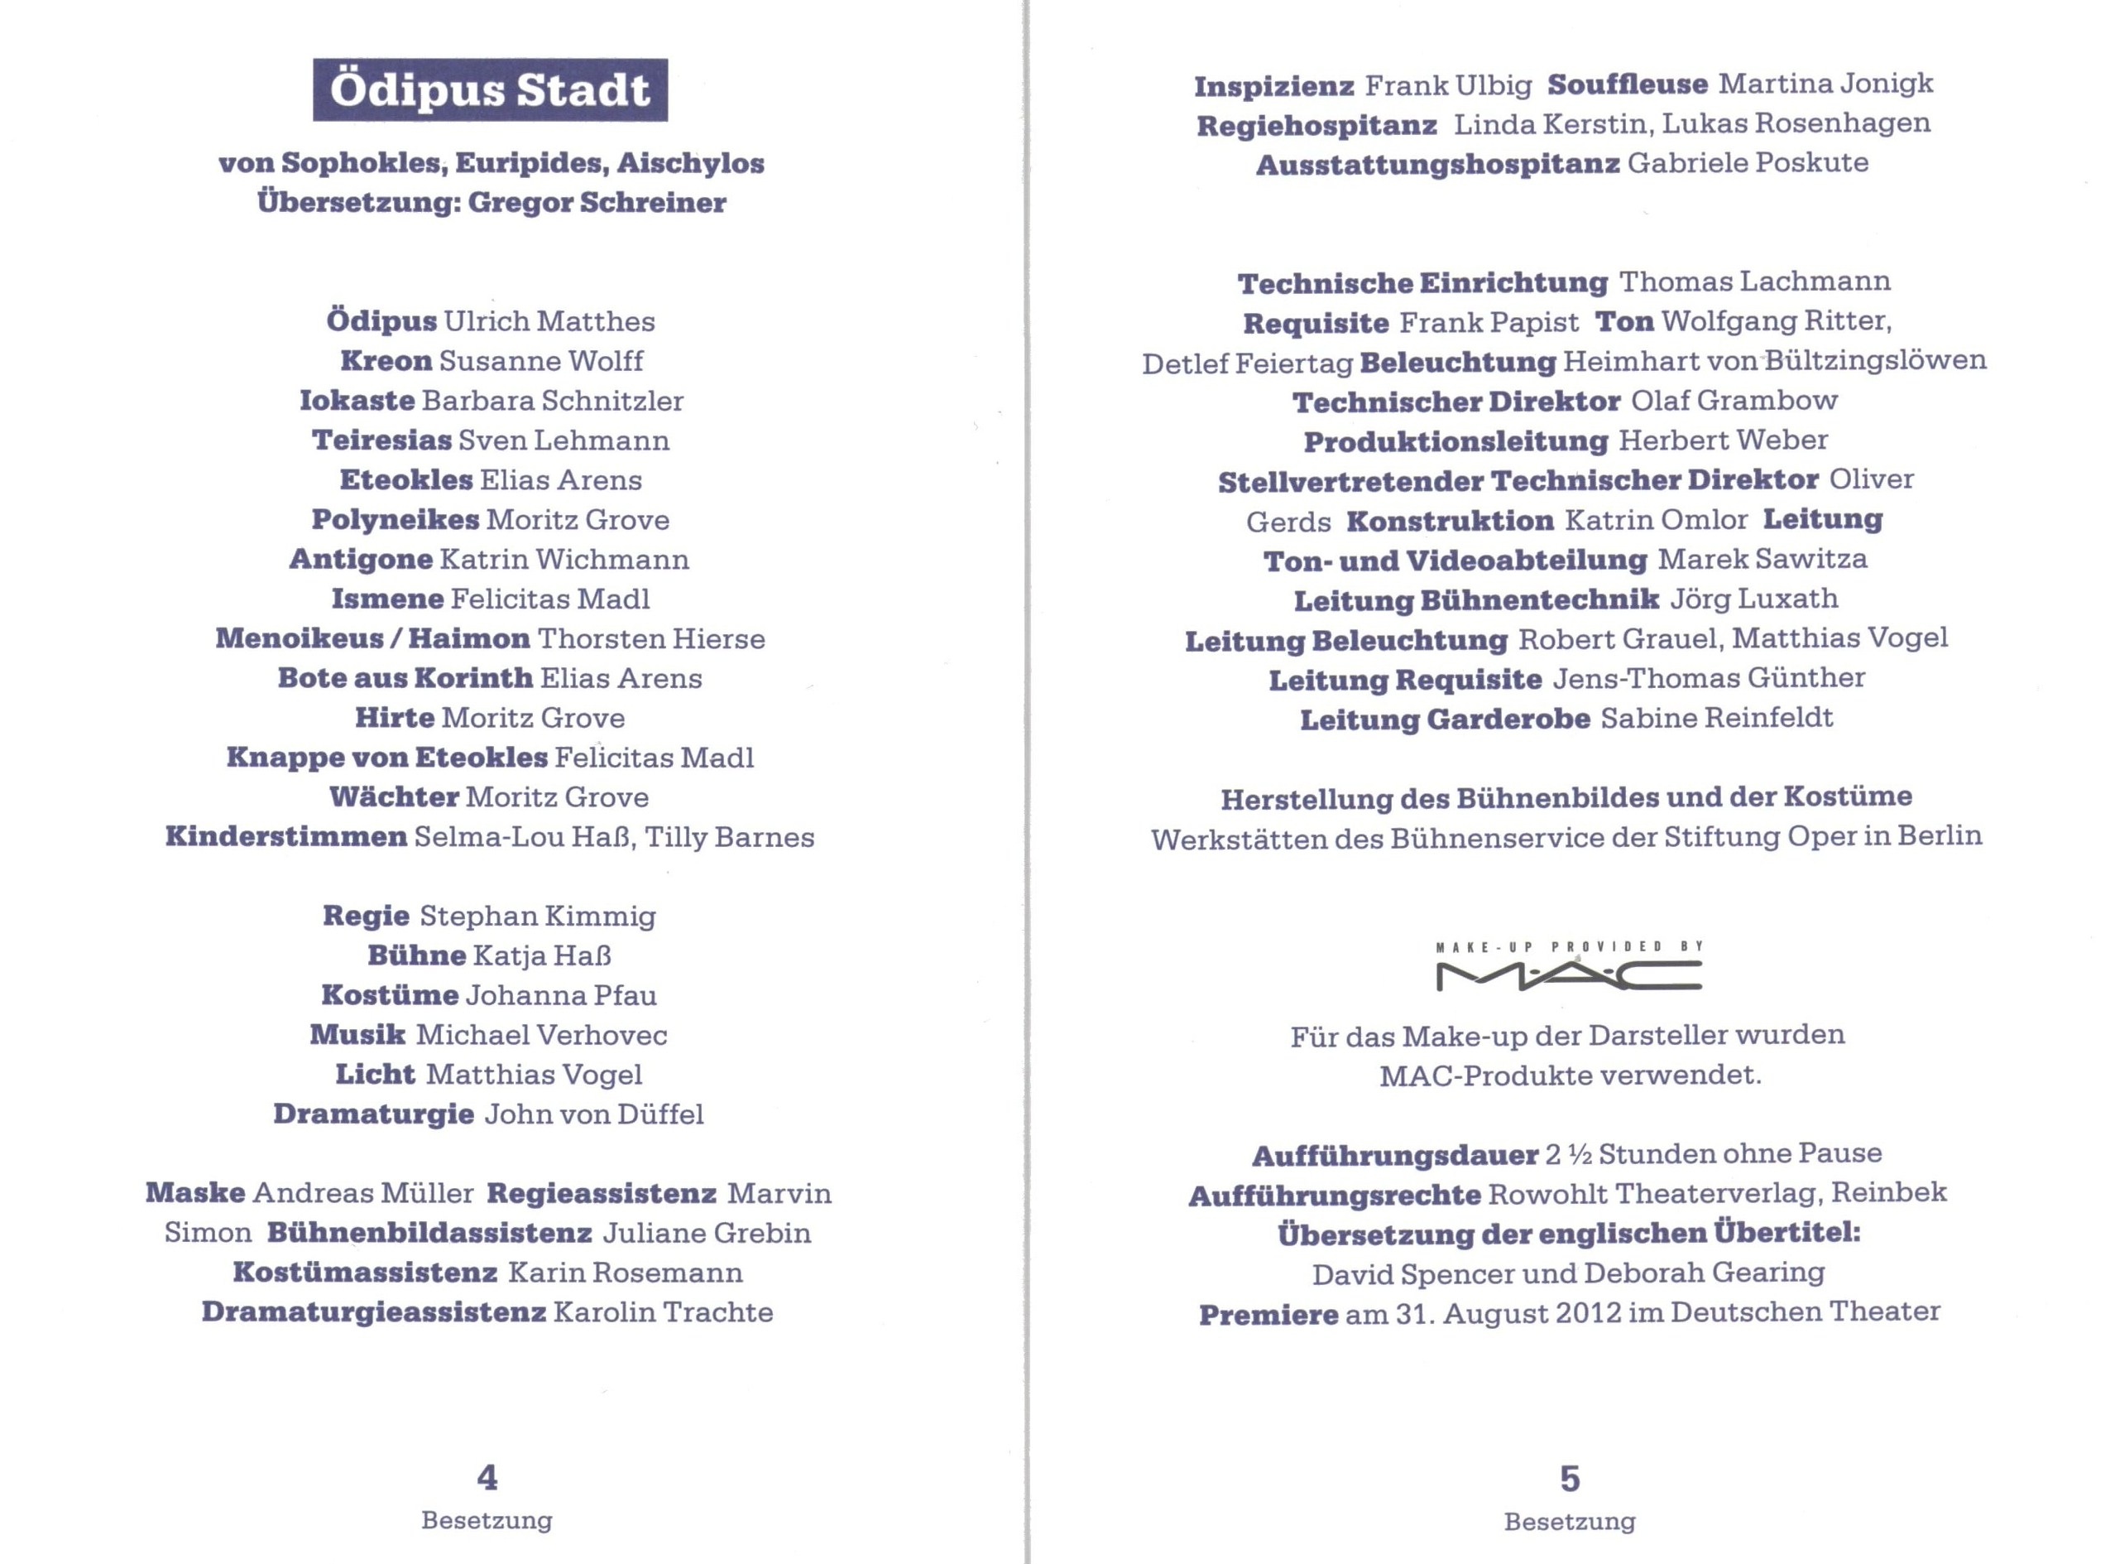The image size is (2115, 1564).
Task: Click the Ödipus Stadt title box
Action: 490,90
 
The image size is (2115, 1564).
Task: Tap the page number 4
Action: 487,1477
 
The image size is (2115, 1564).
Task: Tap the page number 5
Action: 1569,1478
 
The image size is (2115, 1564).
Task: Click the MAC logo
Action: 1568,975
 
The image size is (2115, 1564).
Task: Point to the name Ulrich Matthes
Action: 549,321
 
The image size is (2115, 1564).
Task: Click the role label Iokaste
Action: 357,401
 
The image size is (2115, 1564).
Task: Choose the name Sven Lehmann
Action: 564,440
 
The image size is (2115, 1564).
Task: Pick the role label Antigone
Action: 361,559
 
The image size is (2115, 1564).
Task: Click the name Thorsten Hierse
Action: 651,638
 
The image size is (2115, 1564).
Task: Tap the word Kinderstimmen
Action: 285,837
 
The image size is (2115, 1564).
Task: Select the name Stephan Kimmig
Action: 538,916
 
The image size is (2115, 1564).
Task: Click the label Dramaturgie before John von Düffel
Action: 374,1114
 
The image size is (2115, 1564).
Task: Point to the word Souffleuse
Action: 1628,84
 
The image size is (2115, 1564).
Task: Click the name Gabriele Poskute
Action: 1748,163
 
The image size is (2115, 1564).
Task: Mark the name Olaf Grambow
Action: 1734,401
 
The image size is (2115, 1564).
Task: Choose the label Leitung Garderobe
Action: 1444,719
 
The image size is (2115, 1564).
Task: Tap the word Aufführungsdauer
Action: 1395,1155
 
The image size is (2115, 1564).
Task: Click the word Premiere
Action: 1268,1315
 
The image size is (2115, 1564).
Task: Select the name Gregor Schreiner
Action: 597,203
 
